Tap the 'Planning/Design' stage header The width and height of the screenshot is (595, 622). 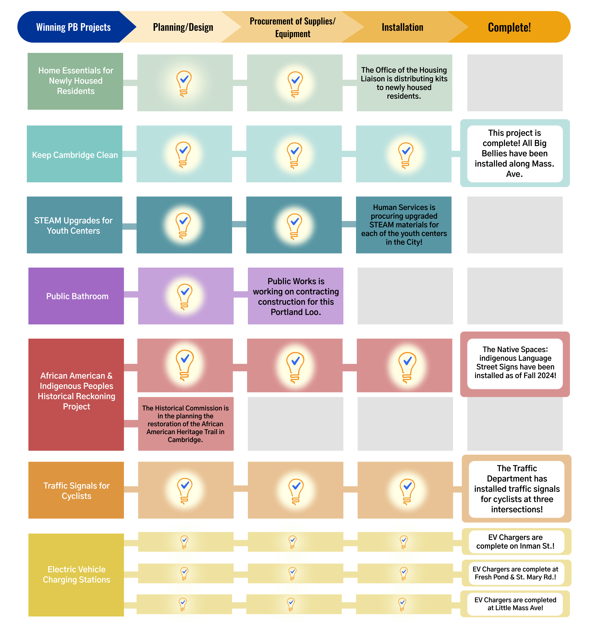(183, 27)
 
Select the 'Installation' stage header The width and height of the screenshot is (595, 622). (402, 27)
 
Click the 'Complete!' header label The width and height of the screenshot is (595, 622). (509, 27)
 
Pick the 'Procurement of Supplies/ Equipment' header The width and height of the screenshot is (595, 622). (292, 27)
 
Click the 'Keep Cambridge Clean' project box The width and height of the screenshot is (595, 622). (75, 154)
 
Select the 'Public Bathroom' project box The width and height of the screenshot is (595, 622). (76, 296)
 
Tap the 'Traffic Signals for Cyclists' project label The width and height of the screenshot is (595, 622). (76, 491)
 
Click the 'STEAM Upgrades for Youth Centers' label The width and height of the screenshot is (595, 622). (73, 226)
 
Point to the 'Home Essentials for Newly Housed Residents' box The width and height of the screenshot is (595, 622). (75, 81)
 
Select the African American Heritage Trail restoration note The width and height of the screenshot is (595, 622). (186, 424)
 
